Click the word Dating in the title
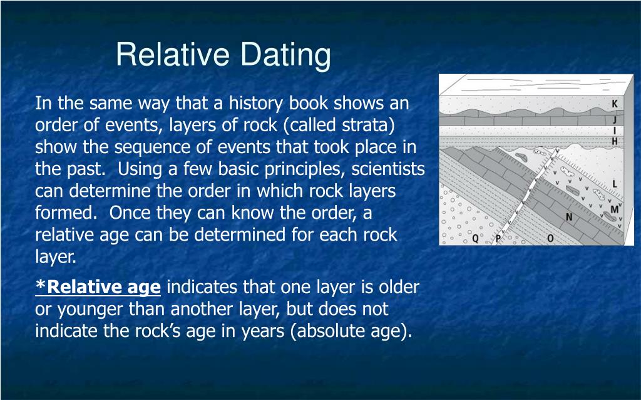point(285,55)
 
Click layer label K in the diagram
point(615,104)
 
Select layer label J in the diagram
point(615,119)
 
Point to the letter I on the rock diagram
point(615,131)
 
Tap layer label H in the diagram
point(615,141)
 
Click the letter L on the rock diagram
point(615,184)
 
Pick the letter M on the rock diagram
point(615,209)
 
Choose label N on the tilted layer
point(568,217)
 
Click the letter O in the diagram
point(550,238)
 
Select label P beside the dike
point(498,239)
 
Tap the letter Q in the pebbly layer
point(476,238)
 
